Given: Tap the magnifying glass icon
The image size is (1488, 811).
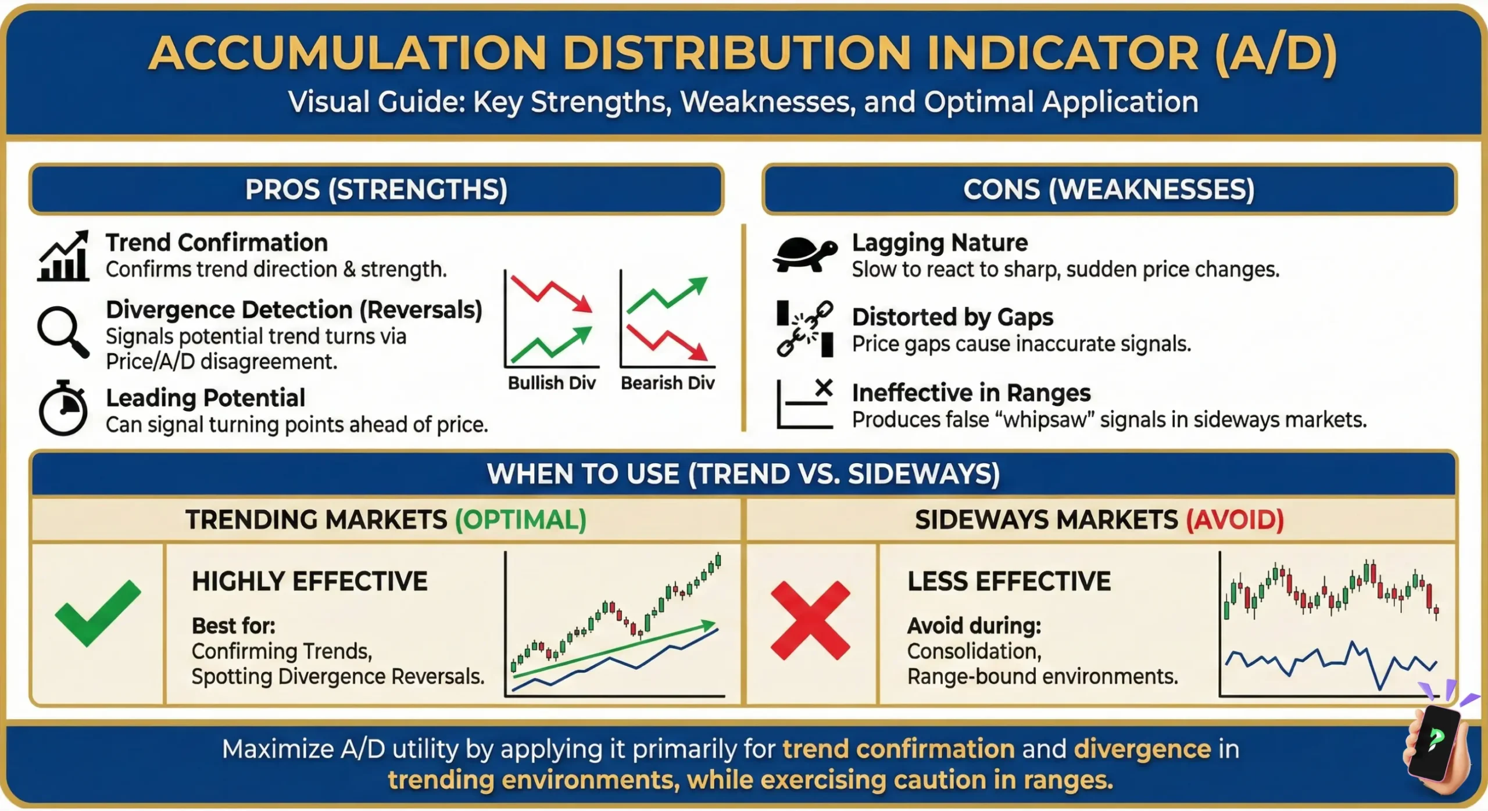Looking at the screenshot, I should click(63, 331).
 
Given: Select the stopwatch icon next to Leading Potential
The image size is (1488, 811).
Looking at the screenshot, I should click(63, 408).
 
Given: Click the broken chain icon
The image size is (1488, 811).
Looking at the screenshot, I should click(805, 328).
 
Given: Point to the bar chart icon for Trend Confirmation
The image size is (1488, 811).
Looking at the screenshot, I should click(63, 256).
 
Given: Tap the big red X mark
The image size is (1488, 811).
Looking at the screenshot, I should click(810, 620).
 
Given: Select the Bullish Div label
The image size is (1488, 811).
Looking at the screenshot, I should click(552, 383).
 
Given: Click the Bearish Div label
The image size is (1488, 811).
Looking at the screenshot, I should click(667, 383).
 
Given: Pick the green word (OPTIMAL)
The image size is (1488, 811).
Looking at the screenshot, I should click(520, 519).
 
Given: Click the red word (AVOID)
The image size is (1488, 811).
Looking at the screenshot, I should click(1235, 519).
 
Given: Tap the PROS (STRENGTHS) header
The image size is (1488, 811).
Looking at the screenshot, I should click(376, 189).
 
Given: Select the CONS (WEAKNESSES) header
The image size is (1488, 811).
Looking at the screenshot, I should click(1108, 189).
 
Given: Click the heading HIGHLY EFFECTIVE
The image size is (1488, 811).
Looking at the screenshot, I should click(310, 581).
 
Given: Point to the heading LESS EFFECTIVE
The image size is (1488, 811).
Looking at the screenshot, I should click(1009, 581).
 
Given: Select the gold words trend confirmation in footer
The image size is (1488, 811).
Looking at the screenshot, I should click(898, 749).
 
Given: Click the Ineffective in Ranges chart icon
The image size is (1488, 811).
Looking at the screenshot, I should click(805, 404).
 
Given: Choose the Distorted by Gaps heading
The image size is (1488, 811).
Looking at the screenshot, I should click(952, 317).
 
